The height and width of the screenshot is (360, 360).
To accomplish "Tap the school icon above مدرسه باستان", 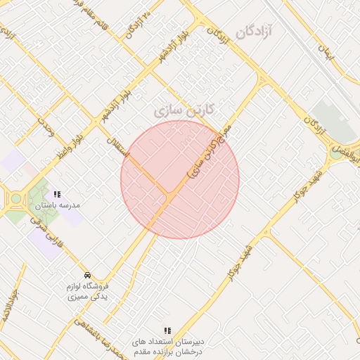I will point(57,194).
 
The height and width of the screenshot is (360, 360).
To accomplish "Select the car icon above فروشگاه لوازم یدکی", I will point(86,275).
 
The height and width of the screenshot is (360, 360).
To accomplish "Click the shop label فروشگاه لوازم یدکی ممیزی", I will point(86,292).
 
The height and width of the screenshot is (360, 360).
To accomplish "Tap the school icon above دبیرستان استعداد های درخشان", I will point(167,330).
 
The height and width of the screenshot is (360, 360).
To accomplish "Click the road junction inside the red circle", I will point(168,193).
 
